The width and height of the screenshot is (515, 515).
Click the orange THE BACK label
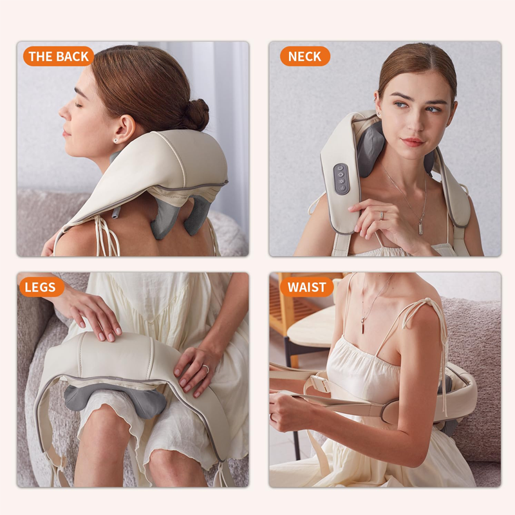(x=59, y=56)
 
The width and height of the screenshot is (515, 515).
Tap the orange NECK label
(x=304, y=56)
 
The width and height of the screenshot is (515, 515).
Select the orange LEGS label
(x=41, y=286)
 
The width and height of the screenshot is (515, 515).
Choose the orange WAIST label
(x=307, y=286)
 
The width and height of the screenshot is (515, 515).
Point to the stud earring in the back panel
(x=116, y=141)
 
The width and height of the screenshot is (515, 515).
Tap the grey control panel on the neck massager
(x=341, y=179)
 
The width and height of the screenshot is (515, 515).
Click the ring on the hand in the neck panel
(x=381, y=215)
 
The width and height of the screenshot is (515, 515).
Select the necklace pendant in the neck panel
(x=421, y=229)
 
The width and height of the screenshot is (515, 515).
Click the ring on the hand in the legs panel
(x=205, y=368)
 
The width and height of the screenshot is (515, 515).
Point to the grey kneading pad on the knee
(x=115, y=400)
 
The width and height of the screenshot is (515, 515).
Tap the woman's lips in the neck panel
(x=413, y=142)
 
